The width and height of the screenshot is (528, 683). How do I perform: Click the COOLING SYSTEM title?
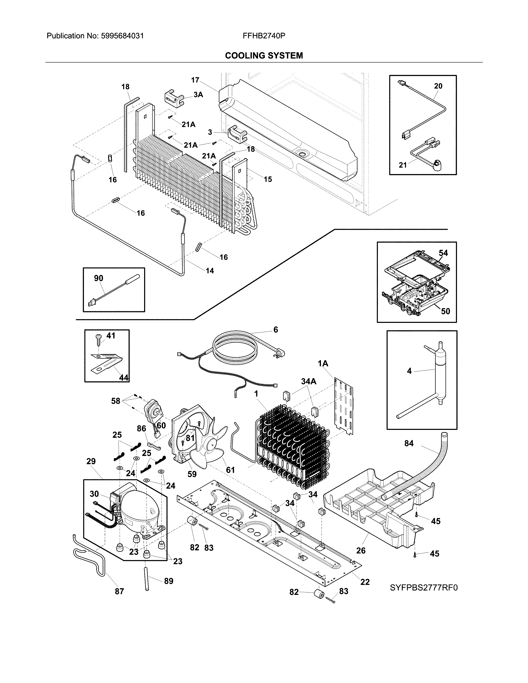[264, 56]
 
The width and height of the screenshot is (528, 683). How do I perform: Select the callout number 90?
[99, 278]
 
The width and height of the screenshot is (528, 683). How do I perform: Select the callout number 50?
[445, 311]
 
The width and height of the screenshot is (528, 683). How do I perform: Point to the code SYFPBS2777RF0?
[423, 588]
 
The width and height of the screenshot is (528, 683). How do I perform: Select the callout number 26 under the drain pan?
[361, 550]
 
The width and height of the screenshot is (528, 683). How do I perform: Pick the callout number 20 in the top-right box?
[438, 86]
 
